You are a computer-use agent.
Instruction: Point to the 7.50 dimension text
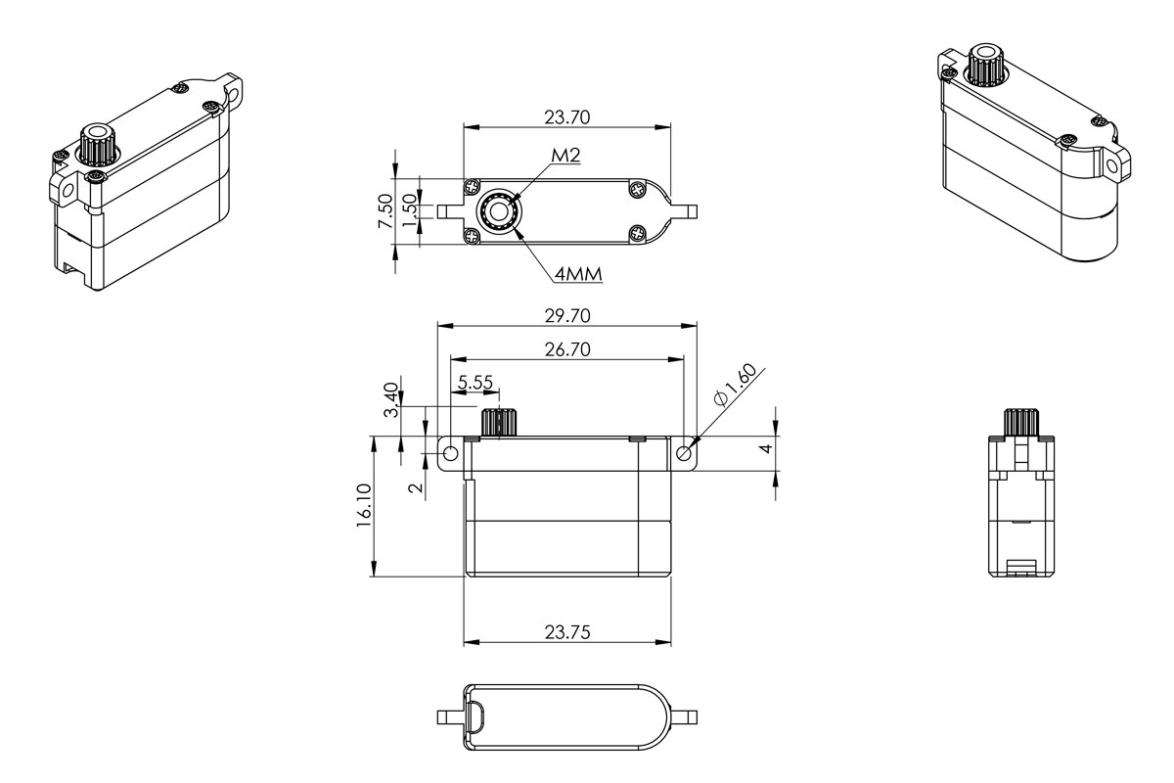coord(384,211)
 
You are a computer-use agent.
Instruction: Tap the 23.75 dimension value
coord(566,632)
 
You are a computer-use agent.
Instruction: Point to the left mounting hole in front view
coord(451,455)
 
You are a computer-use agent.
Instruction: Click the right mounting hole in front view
coord(684,453)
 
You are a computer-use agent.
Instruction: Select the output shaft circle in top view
coord(499,212)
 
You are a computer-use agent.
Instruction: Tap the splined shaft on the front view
coord(499,423)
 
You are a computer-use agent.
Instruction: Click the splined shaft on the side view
coord(1021,423)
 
